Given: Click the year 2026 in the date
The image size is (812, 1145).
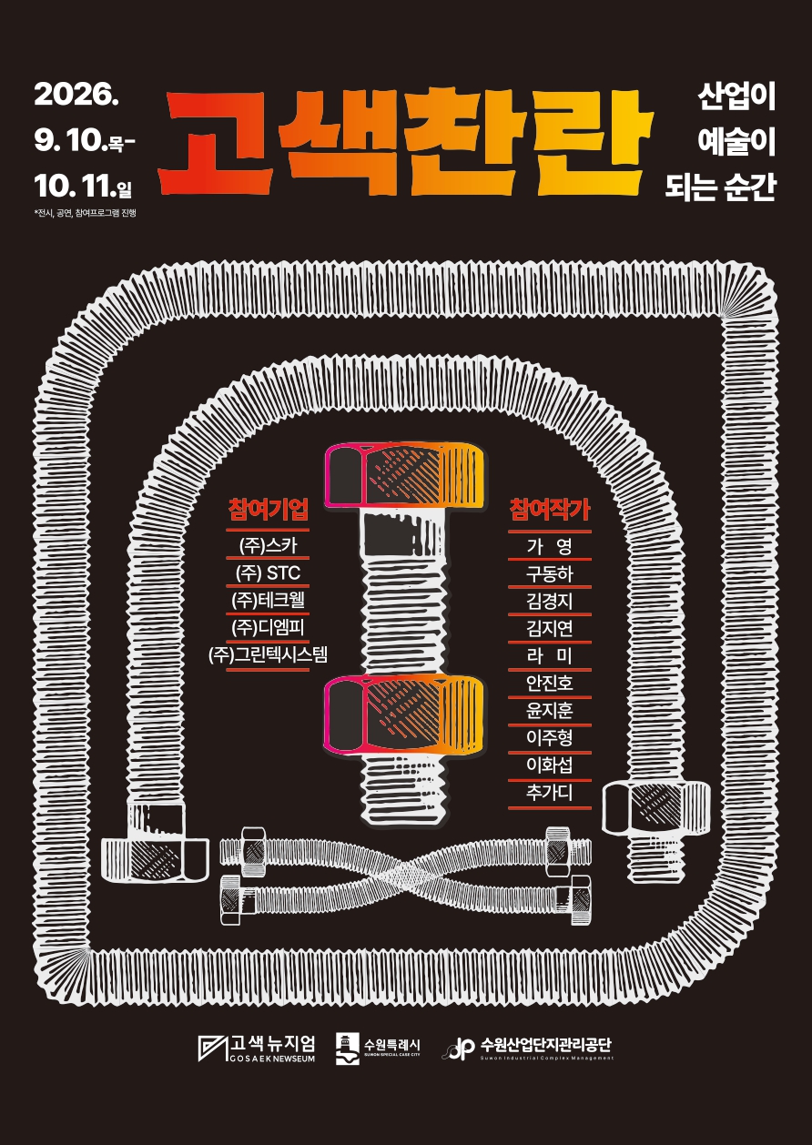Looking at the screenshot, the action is (76, 94).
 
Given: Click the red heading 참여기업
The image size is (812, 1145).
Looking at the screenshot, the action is (268, 509).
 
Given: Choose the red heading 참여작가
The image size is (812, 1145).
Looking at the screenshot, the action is (550, 509).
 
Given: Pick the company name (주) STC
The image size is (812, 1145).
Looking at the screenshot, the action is (268, 572).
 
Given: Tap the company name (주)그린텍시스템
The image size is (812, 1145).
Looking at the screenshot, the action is (268, 654).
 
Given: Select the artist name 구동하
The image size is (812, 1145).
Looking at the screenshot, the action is (550, 574).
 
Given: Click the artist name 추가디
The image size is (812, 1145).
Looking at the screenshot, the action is (550, 792).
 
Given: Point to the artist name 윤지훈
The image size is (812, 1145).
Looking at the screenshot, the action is (550, 711).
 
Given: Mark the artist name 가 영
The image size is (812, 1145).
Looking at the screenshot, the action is (550, 547).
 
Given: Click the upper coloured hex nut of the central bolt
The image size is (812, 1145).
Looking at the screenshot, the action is (404, 476).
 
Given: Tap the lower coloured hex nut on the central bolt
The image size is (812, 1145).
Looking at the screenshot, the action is (404, 714).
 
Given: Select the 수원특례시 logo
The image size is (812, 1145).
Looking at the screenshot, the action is (378, 1049).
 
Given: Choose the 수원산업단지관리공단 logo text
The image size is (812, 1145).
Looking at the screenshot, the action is (546, 1044).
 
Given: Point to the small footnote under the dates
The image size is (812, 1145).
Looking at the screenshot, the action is (85, 213).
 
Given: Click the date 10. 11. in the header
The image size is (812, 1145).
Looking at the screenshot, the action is (76, 186).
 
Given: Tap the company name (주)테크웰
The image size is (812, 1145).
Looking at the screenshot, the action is (268, 600).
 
